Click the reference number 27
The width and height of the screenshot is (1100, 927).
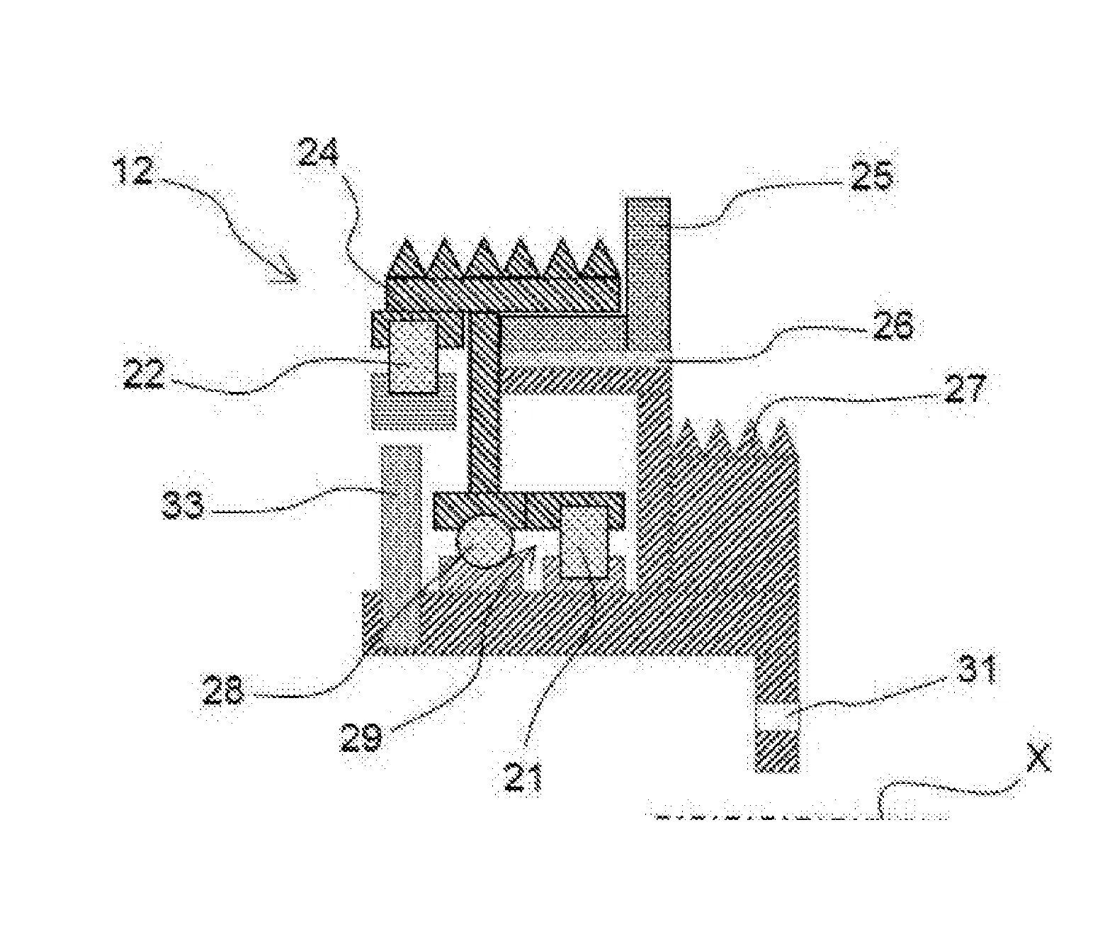(x=964, y=388)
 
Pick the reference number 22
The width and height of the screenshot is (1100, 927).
(x=144, y=373)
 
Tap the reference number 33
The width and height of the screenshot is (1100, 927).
(x=183, y=505)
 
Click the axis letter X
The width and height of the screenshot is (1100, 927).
(x=1038, y=758)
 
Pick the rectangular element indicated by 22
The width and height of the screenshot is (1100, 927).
(x=414, y=356)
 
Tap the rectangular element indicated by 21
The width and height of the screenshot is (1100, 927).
(x=584, y=541)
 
